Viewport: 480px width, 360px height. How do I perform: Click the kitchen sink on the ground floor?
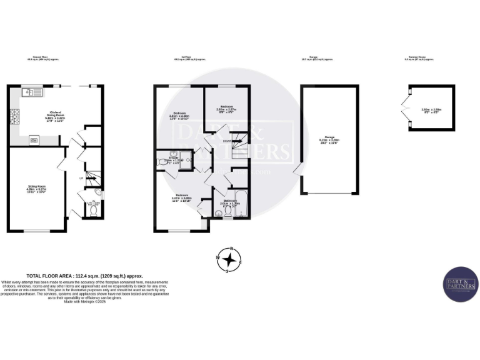pos(31,93)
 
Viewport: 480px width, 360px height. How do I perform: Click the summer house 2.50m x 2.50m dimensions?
pos(432,110)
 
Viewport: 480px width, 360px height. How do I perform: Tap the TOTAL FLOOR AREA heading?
pos(84,276)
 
